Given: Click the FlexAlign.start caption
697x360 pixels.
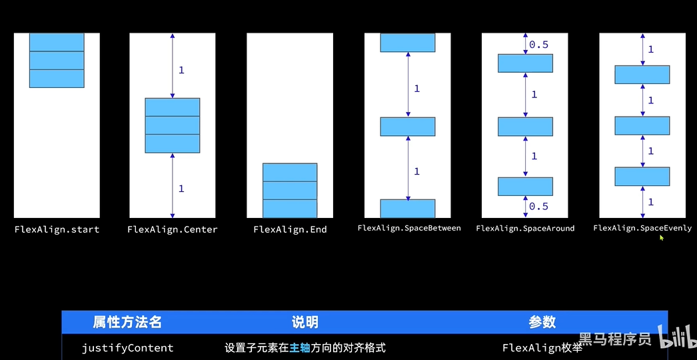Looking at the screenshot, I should [57, 229].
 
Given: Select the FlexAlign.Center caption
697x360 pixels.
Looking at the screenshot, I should [173, 229].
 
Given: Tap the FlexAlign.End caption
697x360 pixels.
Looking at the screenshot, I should [290, 229].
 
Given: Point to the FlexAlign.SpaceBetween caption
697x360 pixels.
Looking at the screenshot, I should [408, 228].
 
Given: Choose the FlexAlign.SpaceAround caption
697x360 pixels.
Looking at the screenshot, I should [525, 229].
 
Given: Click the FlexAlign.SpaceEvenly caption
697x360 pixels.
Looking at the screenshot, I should [642, 228].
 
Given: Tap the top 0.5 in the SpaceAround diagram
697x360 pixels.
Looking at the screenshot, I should [538, 45].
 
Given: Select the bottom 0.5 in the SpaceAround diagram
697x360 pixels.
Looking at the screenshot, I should [538, 206].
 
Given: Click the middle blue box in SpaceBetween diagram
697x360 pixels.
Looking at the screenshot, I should [408, 127].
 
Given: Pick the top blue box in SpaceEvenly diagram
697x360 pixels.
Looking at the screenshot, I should [642, 75].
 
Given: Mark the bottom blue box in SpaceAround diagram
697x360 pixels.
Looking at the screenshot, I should [525, 186].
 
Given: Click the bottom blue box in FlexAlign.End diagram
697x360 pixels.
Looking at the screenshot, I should [290, 209].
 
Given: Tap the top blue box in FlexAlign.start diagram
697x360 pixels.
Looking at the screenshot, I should [57, 42].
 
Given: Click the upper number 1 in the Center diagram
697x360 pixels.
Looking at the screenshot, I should [181, 70].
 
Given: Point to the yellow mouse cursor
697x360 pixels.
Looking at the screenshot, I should [662, 237].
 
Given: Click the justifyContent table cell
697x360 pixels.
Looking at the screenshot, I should [127, 348].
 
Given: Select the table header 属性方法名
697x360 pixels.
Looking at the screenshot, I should [127, 323].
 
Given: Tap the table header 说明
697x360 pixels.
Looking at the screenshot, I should [305, 323].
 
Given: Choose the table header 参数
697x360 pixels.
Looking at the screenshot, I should [542, 323].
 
